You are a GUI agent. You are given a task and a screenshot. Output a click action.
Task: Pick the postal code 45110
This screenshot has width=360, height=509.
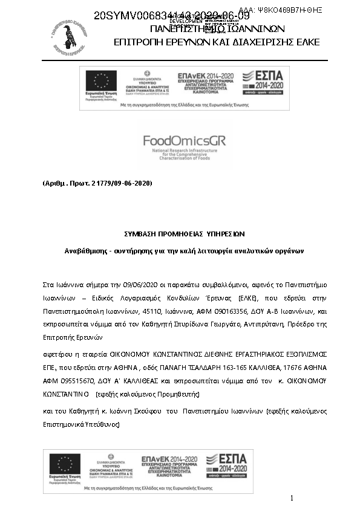[x=157, y=311]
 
